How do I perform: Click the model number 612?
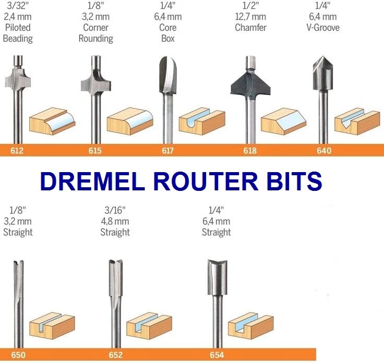tap(17, 151)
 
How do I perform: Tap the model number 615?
tap(94, 151)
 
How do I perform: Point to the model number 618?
tap(250, 151)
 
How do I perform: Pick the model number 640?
tap(323, 151)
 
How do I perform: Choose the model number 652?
tap(115, 356)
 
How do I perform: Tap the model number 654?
tap(217, 356)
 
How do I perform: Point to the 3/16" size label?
tap(115, 210)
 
